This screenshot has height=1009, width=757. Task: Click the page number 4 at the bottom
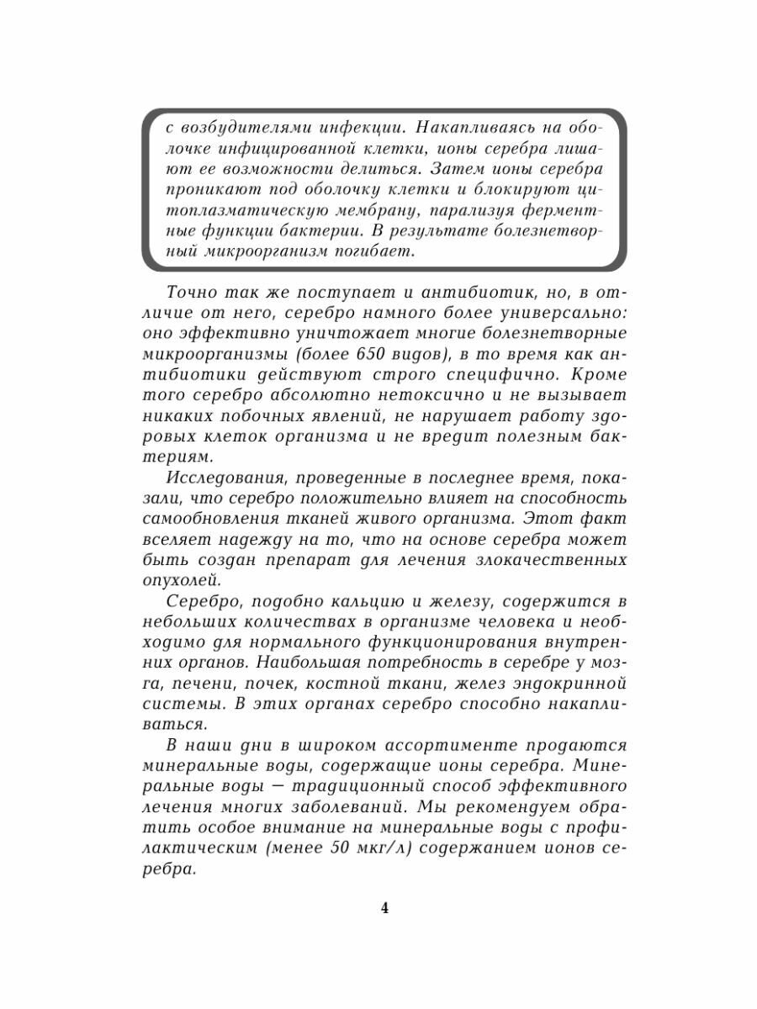coord(384,908)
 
